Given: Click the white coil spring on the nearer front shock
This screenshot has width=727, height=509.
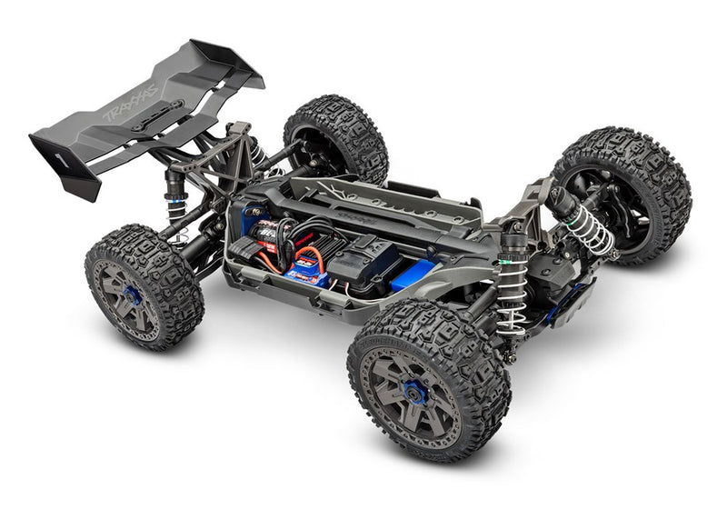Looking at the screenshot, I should click(512, 304).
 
